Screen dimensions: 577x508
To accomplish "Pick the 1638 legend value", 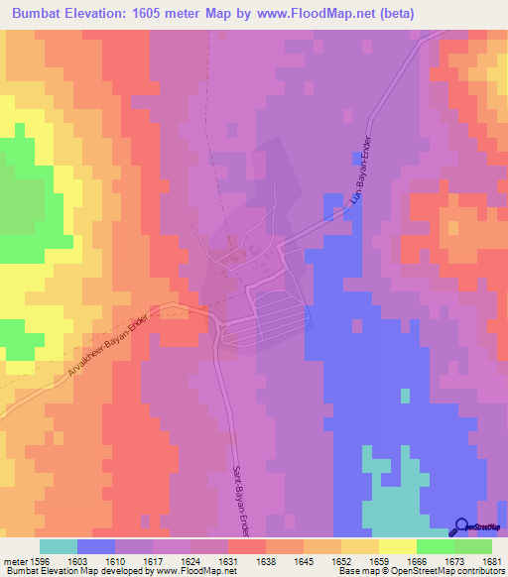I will point(266,560).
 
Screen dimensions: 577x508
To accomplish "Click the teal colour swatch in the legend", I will point(59,546).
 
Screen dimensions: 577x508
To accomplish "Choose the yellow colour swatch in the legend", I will point(397,546).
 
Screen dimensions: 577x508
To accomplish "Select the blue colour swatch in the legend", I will point(96,546).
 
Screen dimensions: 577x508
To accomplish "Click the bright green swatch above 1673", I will point(435,546).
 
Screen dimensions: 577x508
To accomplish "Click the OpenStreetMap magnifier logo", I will point(463,526).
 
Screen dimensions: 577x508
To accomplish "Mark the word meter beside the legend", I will point(17,560).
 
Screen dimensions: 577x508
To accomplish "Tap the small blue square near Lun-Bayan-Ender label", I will point(355,158).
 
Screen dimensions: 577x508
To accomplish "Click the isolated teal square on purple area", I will point(404,396).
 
